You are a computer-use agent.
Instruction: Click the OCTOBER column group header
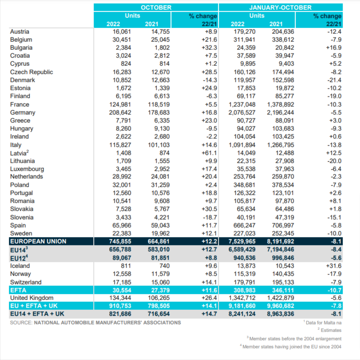pyautogui.click(x=156, y=8)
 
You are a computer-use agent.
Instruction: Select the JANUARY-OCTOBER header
pyautogui.click(x=281, y=8)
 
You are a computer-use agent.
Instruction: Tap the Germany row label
pyautogui.click(x=23, y=112)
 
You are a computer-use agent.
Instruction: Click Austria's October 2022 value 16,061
pyautogui.click(x=122, y=32)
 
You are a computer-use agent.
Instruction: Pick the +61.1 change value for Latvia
pyautogui.click(x=209, y=153)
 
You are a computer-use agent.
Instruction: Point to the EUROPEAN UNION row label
pyautogui.click(x=38, y=241)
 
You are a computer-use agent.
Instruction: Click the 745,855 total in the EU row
pyautogui.click(x=120, y=241)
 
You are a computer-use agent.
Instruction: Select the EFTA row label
pyautogui.click(x=18, y=290)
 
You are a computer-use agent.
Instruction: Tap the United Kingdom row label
pyautogui.click(x=32, y=298)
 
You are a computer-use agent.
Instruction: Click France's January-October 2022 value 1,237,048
pyautogui.click(x=242, y=104)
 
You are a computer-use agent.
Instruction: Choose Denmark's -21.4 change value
pyautogui.click(x=334, y=80)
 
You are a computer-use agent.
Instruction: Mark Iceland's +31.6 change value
pyautogui.click(x=334, y=266)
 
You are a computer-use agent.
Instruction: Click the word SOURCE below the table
pyautogui.click(x=21, y=323)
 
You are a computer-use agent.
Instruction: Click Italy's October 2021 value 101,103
pyautogui.click(x=158, y=145)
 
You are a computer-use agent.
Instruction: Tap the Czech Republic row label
pyautogui.click(x=32, y=72)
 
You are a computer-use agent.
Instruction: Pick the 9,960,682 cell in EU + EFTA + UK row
pyautogui.click(x=281, y=306)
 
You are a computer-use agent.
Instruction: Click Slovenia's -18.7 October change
pyautogui.click(x=210, y=217)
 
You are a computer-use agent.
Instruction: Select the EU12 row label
pyautogui.click(x=19, y=258)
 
